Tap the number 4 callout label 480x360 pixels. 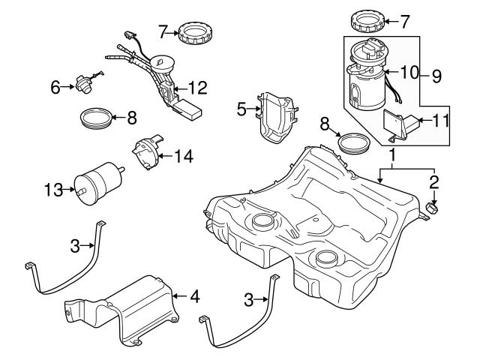tap(195, 296)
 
